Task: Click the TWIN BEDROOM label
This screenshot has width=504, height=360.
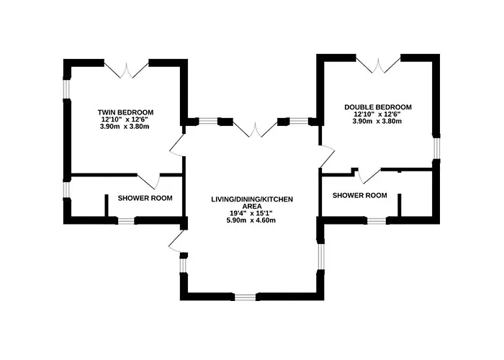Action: tap(125, 112)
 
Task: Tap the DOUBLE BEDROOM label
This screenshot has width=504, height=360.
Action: tap(378, 107)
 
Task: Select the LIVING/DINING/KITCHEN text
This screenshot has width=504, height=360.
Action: tap(252, 199)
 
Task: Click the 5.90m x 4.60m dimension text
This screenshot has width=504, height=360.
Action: tap(252, 220)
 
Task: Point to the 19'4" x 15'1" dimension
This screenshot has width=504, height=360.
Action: tap(252, 213)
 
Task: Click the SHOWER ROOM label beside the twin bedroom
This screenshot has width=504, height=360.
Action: tap(145, 198)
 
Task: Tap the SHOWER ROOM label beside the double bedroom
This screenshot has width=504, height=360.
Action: tap(360, 195)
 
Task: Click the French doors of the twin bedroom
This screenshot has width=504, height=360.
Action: tap(126, 70)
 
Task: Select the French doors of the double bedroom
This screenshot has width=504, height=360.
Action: tap(378, 65)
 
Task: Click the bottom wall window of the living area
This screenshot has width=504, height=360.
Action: tap(246, 297)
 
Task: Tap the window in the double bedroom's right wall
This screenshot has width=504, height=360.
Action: tap(436, 148)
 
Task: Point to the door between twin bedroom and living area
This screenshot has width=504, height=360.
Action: tap(177, 145)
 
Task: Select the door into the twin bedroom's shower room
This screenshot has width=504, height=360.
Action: tap(148, 181)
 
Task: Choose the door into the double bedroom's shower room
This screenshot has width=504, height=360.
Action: tap(369, 176)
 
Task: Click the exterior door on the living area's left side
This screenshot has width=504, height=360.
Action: tap(177, 242)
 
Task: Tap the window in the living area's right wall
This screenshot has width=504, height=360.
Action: tap(320, 257)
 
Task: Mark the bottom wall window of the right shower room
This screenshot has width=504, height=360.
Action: tap(377, 221)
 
